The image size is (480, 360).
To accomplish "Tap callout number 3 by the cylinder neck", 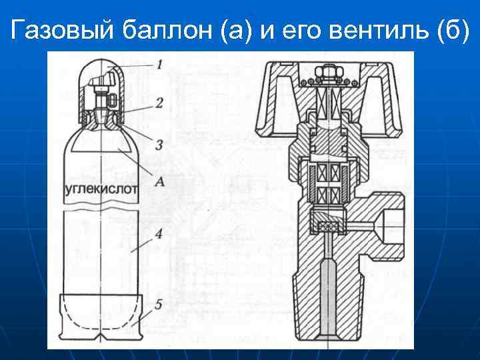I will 159,145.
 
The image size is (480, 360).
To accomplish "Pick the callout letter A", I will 159,180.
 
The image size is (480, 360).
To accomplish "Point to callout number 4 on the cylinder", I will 158,233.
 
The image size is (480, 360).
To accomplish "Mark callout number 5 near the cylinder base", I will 158,305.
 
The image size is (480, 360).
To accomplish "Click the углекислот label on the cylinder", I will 100,189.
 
